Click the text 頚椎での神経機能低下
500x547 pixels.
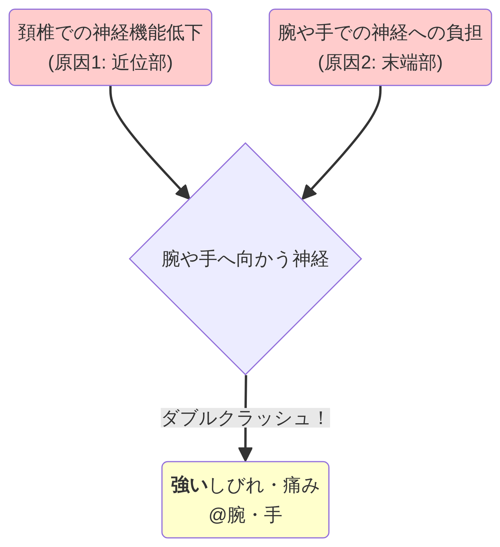click(x=110, y=33)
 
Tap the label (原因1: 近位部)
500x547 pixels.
click(x=110, y=62)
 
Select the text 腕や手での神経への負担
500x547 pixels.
click(x=380, y=33)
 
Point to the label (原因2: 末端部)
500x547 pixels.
click(x=380, y=62)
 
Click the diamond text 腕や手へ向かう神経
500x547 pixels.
click(x=245, y=259)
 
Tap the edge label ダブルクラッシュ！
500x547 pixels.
click(x=245, y=418)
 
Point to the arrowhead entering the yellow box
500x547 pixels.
click(x=245, y=455)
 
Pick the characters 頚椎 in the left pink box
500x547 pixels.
click(x=36, y=33)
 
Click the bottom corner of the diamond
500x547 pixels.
click(x=245, y=373)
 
